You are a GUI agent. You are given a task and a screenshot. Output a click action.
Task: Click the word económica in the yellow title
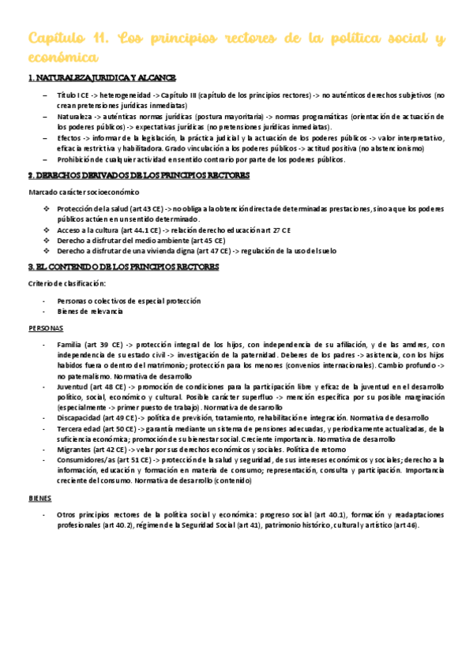pyautogui.click(x=63, y=58)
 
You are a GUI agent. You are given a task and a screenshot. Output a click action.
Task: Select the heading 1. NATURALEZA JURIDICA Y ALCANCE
pyautogui.click(x=102, y=77)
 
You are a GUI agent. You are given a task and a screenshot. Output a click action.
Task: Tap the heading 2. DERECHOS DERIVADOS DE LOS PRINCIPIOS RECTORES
pyautogui.click(x=139, y=175)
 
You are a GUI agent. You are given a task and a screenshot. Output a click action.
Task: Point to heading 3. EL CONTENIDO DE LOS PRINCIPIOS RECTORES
pyautogui.click(x=124, y=267)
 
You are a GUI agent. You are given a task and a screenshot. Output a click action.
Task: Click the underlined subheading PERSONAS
pyautogui.click(x=46, y=327)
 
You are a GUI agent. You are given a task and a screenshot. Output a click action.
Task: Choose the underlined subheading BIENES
pyautogui.click(x=39, y=499)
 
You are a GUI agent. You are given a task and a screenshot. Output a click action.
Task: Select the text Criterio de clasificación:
pyautogui.click(x=66, y=283)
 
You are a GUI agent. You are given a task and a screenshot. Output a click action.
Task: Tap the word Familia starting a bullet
pyautogui.click(x=69, y=345)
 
